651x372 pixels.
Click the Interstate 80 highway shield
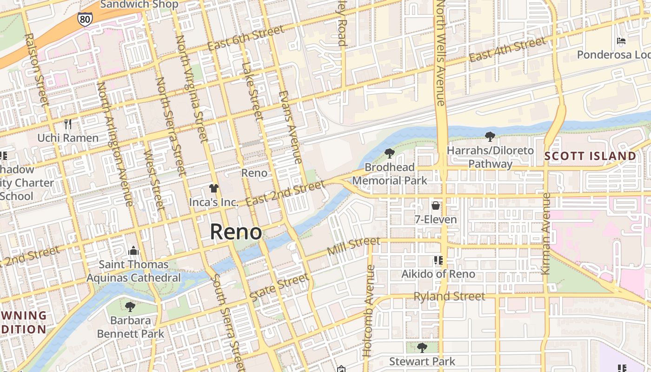(x=85, y=19)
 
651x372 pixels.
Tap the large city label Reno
(x=236, y=232)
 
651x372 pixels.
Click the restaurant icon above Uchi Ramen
(x=68, y=124)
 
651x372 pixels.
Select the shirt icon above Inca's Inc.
(x=213, y=188)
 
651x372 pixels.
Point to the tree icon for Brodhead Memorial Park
(x=389, y=153)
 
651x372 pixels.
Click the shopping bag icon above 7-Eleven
(x=436, y=205)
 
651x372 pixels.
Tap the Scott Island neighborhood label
(x=590, y=156)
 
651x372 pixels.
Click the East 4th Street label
(x=507, y=50)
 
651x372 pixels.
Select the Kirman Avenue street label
(x=546, y=233)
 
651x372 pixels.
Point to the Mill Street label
(x=353, y=246)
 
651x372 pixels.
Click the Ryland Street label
(x=449, y=297)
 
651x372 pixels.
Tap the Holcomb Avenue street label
(x=369, y=311)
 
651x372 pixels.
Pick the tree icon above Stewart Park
(x=422, y=347)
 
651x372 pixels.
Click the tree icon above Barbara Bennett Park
(x=130, y=306)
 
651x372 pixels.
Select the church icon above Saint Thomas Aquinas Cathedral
(x=133, y=251)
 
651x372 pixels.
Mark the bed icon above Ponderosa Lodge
(x=621, y=41)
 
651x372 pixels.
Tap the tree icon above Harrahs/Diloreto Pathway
(x=490, y=136)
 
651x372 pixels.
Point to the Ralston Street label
(x=36, y=70)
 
